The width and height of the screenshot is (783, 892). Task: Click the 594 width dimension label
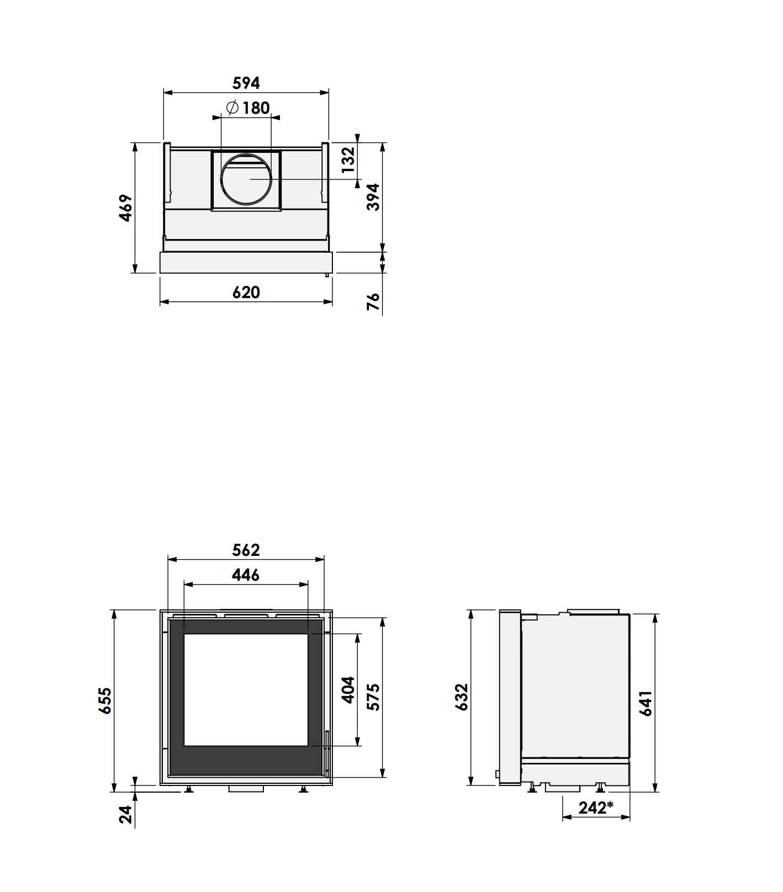coord(246,83)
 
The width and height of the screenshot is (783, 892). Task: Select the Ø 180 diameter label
coord(248,108)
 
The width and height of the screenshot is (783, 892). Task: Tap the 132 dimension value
coord(348,160)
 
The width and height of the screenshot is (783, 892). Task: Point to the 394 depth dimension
coord(374,197)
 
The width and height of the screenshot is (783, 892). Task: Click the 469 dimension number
coord(126,208)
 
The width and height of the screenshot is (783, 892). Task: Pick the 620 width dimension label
coord(246,292)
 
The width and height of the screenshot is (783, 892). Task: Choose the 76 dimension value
coord(374,301)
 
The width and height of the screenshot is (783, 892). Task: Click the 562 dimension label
coord(246,550)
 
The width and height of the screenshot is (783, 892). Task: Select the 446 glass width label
coord(246,575)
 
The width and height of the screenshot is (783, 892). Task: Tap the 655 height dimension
coord(104,700)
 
